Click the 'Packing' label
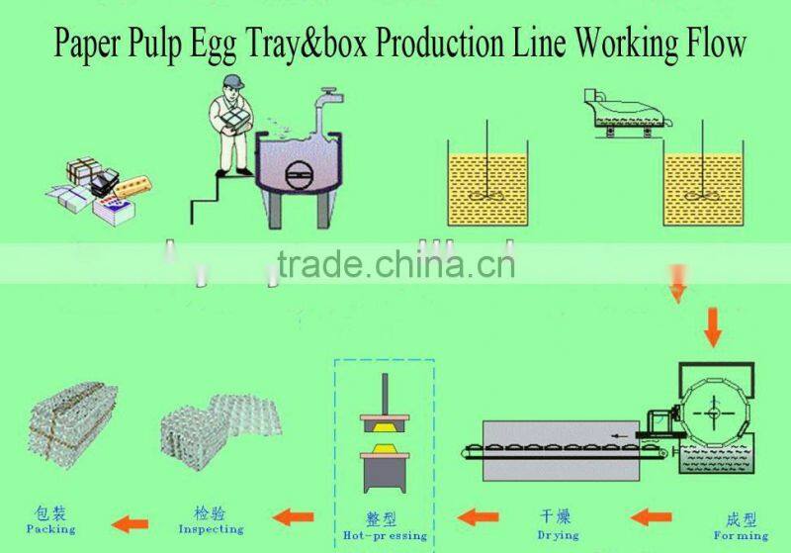(x=50, y=521)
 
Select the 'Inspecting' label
(x=211, y=521)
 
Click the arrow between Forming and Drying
(x=652, y=516)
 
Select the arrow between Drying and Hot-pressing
(x=479, y=516)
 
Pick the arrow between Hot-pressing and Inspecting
(x=294, y=516)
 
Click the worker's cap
(x=232, y=81)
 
